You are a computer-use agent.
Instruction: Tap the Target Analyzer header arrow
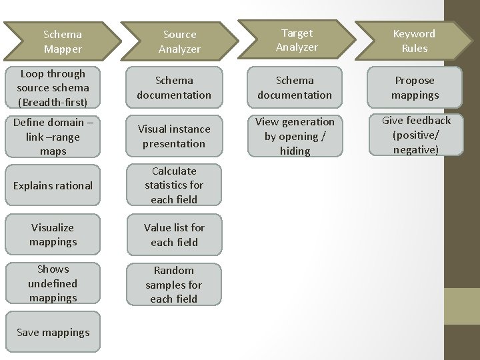click(x=297, y=40)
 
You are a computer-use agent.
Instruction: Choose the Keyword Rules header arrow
click(x=413, y=41)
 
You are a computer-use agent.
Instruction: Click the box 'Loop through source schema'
click(x=53, y=88)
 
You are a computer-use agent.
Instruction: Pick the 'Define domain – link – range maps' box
click(x=53, y=137)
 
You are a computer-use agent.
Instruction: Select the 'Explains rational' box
click(x=53, y=185)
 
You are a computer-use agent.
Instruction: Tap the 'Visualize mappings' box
click(x=53, y=235)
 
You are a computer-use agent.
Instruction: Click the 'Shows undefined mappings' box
click(x=53, y=283)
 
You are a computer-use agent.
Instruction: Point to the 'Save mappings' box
click(x=53, y=332)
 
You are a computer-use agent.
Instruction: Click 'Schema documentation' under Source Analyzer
click(x=174, y=87)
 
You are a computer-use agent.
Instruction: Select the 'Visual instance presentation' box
click(x=174, y=136)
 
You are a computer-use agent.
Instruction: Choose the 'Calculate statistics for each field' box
click(x=174, y=185)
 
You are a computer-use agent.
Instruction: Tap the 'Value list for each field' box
click(x=174, y=235)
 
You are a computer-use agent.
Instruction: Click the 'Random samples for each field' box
click(x=174, y=285)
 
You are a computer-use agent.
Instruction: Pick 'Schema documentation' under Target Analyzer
click(x=295, y=87)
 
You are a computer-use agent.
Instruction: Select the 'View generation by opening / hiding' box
click(x=295, y=136)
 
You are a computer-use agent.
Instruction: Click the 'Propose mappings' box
click(x=414, y=87)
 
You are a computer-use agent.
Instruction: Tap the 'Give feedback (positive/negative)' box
click(x=416, y=135)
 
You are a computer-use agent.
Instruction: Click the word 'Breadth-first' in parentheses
click(x=53, y=103)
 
